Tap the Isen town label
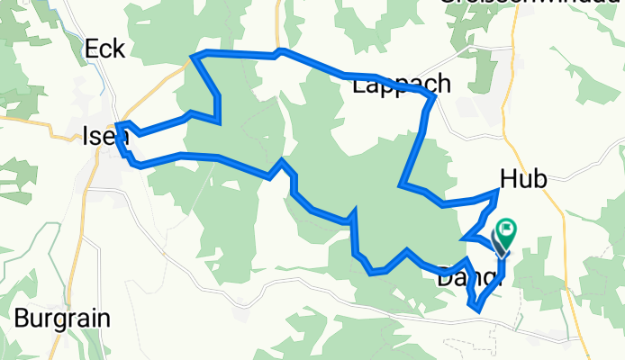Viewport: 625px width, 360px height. [99, 137]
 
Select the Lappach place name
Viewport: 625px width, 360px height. [402, 85]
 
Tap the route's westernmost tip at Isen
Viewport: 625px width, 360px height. [118, 125]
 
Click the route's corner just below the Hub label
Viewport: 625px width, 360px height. [498, 191]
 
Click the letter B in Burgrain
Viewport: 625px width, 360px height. [20, 318]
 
